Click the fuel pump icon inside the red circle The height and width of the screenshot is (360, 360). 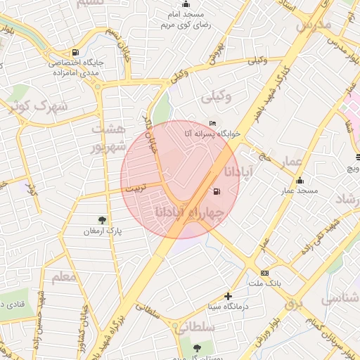[x=214, y=190]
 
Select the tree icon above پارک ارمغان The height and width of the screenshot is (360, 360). [x=103, y=220]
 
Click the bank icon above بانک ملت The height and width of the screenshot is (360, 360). [x=264, y=273]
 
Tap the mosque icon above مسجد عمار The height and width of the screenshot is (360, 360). [x=300, y=180]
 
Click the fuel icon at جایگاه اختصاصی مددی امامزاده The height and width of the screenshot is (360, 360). [x=75, y=52]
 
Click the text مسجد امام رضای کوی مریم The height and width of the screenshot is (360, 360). [x=186, y=19]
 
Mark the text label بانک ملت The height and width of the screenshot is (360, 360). [x=264, y=283]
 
